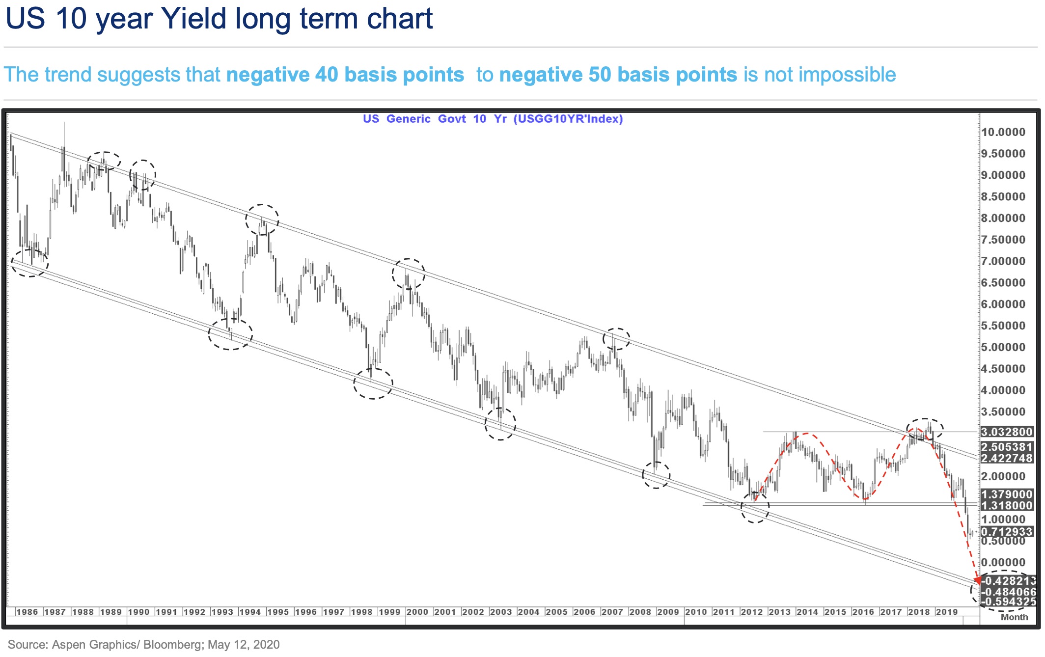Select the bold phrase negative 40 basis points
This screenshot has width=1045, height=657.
[345, 75]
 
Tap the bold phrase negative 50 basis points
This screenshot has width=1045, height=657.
[618, 75]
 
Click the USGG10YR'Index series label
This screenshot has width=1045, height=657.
[568, 119]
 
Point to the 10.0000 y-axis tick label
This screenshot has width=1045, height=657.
[1003, 132]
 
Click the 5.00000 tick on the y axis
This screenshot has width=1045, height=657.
[1003, 347]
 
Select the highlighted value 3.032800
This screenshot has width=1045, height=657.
[1007, 432]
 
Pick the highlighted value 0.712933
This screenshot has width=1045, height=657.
[1007, 532]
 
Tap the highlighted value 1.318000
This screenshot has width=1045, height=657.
[1007, 505]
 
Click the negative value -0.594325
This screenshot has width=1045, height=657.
[1008, 602]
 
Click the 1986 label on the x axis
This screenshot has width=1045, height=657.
[27, 612]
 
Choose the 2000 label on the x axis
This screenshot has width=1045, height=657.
[417, 612]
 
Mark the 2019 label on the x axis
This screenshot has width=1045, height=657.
[947, 612]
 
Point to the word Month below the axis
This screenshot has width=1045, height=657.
[1014, 617]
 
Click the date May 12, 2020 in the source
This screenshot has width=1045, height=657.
[244, 645]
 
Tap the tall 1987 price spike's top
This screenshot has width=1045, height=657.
[64, 123]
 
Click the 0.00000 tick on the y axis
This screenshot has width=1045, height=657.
[1003, 563]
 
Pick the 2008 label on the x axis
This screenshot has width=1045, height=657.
[640, 612]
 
